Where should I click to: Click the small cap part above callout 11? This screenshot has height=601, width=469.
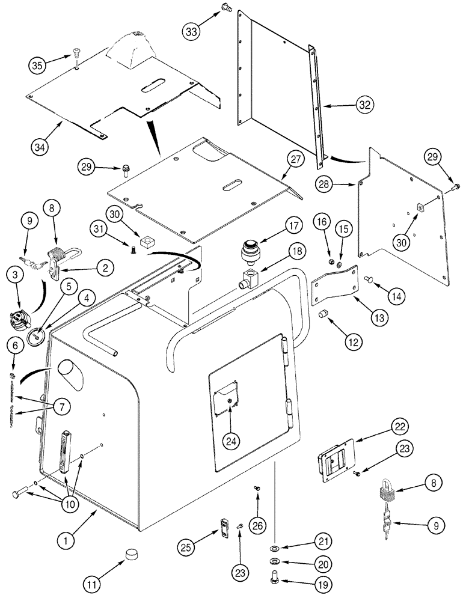pyautogui.click(x=131, y=554)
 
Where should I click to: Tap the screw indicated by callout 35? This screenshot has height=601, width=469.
pyautogui.click(x=77, y=52)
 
